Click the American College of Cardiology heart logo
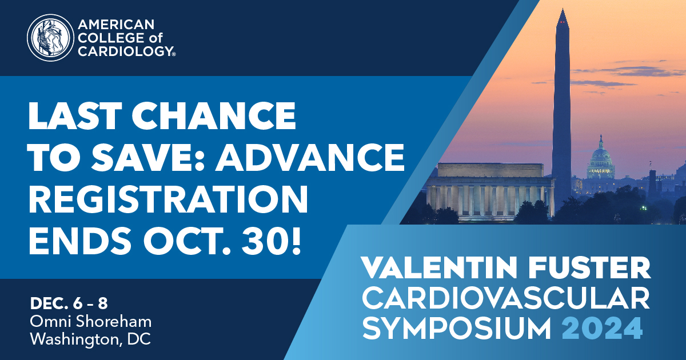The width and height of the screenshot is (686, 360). (49, 38)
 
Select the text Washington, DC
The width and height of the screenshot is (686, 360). (90, 338)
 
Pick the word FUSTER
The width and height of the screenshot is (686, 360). (596, 268)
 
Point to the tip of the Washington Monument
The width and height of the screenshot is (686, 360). (563, 11)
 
